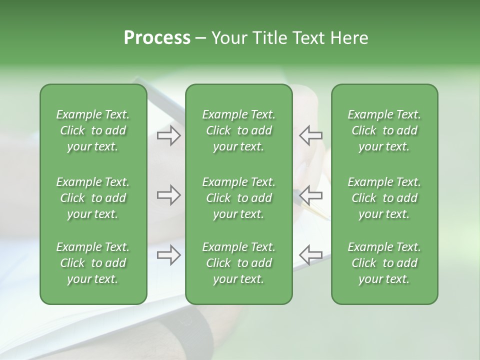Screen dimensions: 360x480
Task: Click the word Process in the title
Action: (x=157, y=38)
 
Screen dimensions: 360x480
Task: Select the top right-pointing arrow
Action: (x=168, y=135)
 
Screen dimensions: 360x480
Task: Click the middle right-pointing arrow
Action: (x=168, y=195)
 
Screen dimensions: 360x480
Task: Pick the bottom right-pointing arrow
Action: (x=168, y=255)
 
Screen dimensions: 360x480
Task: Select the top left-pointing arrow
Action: (x=310, y=135)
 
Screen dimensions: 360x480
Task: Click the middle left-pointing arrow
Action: (x=310, y=195)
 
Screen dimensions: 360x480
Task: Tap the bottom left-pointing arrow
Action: (x=310, y=255)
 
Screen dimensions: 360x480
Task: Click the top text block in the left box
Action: (x=93, y=130)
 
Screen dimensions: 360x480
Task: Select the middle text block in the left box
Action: (x=93, y=198)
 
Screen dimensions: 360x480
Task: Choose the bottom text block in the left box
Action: (x=93, y=263)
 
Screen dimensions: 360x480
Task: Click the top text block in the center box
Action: (x=238, y=130)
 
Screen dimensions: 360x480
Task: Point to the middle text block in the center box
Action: (x=238, y=198)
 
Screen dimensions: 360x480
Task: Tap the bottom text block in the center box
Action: (x=238, y=263)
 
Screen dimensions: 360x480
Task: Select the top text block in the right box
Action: (x=384, y=130)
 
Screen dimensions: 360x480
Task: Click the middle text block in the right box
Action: (x=384, y=198)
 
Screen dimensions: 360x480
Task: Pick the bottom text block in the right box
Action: (x=384, y=263)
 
